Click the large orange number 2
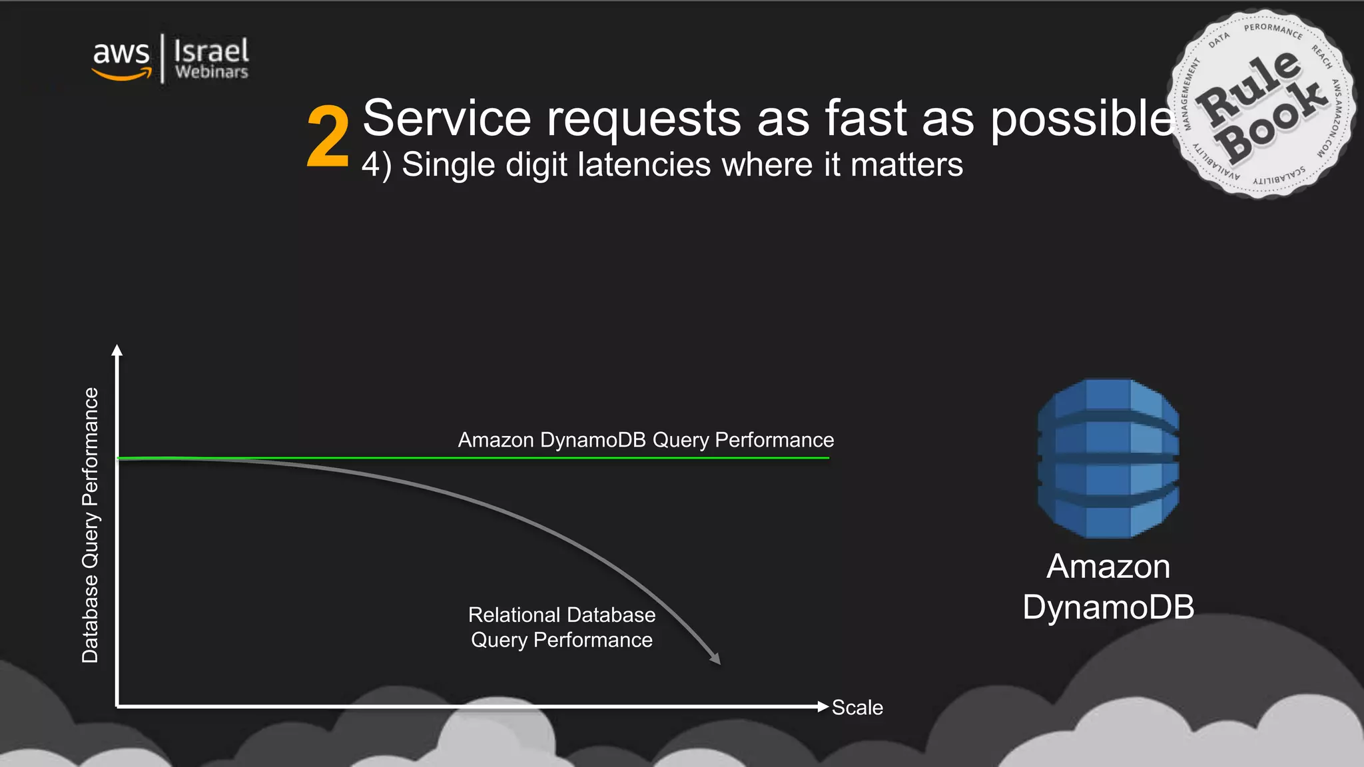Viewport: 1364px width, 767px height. [x=328, y=137]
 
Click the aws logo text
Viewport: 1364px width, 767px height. [x=121, y=52]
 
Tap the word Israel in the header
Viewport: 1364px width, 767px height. [x=211, y=51]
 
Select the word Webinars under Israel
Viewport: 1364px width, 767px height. [x=212, y=72]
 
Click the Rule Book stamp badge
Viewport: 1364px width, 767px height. [x=1261, y=105]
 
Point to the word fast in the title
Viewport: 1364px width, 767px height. [x=865, y=119]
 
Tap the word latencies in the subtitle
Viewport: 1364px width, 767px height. [x=644, y=164]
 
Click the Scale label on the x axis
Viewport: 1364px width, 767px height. [x=857, y=707]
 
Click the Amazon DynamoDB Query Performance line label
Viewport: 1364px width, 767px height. [x=645, y=440]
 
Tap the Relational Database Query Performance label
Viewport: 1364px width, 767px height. [x=561, y=627]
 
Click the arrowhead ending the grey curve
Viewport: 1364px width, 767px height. [x=715, y=659]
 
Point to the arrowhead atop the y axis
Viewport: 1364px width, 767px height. [x=117, y=350]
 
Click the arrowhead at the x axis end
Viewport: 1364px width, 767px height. [x=823, y=706]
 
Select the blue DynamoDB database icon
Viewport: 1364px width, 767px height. [x=1108, y=458]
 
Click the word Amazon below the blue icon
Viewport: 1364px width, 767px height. [x=1108, y=567]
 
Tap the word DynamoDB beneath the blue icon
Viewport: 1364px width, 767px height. [x=1108, y=607]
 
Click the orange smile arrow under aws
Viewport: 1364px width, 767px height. [x=122, y=75]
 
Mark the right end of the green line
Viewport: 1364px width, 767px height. [x=828, y=458]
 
